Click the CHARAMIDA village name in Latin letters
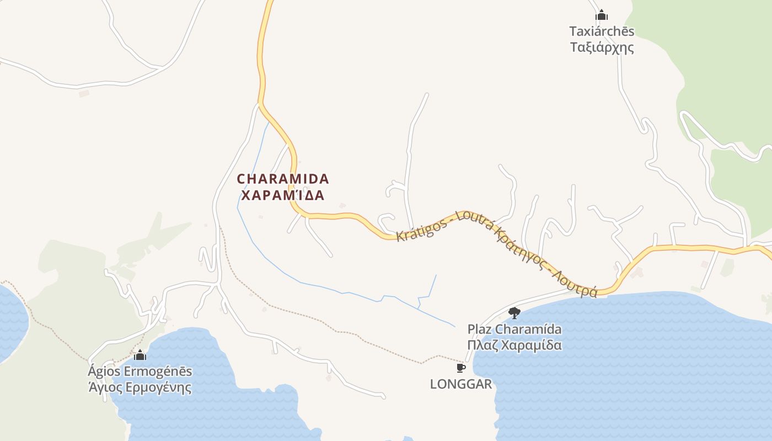point(283,179)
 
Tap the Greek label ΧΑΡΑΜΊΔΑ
point(283,196)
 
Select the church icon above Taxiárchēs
point(602,15)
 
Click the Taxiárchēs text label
point(602,31)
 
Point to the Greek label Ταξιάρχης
point(602,47)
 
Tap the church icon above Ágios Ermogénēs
point(140,355)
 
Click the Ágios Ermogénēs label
point(140,371)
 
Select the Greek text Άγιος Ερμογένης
point(140,388)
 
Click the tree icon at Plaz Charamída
point(514,313)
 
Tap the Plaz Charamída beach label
point(514,330)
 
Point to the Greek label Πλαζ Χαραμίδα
point(514,346)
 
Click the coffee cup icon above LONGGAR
point(461,368)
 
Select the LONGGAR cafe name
point(461,384)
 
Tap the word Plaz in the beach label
point(479,330)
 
